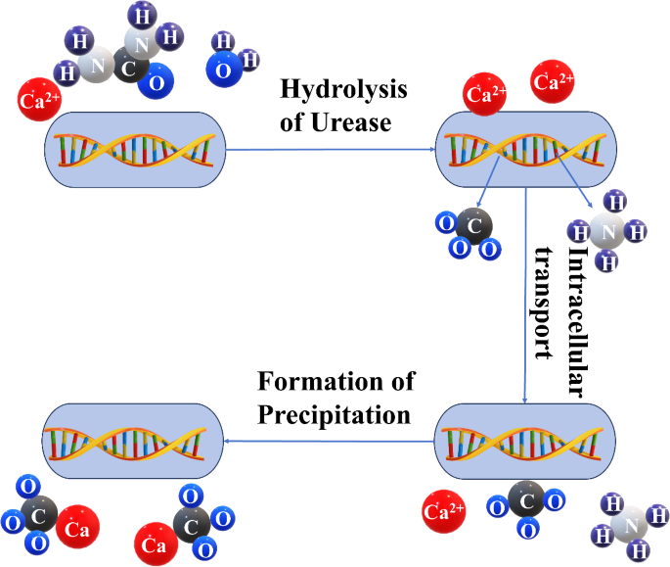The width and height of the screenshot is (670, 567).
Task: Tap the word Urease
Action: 357,122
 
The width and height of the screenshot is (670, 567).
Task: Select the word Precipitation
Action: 334,414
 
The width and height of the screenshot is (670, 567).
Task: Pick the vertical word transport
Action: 547,303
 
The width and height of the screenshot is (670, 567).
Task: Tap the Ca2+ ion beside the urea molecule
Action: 39,100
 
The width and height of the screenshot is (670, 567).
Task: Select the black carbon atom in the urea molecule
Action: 127,70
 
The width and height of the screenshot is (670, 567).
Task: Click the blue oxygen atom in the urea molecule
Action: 155,83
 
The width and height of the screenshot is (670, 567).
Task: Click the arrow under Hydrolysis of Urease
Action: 332,149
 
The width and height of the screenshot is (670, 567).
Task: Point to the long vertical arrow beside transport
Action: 527,294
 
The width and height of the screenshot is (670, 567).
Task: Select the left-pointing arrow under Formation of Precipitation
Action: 332,441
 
